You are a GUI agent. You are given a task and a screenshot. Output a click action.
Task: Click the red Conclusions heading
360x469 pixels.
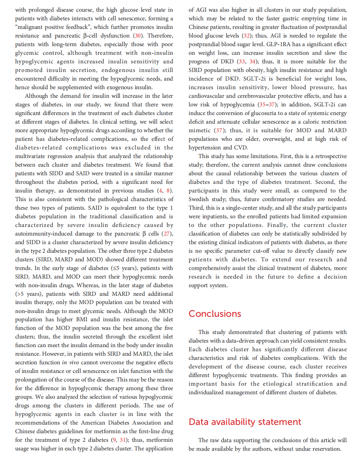(x=215, y=314)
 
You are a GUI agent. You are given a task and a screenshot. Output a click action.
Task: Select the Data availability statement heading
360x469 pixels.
(x=245, y=422)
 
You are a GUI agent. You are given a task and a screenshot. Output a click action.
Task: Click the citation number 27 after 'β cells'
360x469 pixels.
(x=167, y=233)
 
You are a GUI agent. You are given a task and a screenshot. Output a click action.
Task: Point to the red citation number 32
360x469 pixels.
(x=246, y=35)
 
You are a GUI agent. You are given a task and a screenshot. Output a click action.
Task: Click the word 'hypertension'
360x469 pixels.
(x=204, y=147)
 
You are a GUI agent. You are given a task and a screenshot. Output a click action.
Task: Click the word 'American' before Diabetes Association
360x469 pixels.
(x=93, y=423)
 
